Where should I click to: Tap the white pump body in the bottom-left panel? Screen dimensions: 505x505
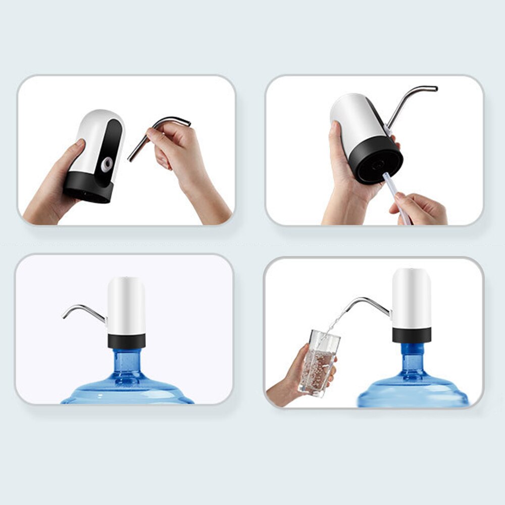(126, 306)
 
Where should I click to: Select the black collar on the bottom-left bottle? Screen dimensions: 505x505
(126, 341)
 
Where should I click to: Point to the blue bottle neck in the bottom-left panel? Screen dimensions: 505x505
(126, 361)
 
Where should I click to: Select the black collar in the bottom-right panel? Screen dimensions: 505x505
(412, 334)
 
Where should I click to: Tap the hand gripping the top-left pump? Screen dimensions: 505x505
(56, 187)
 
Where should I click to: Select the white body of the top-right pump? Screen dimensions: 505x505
(353, 119)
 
